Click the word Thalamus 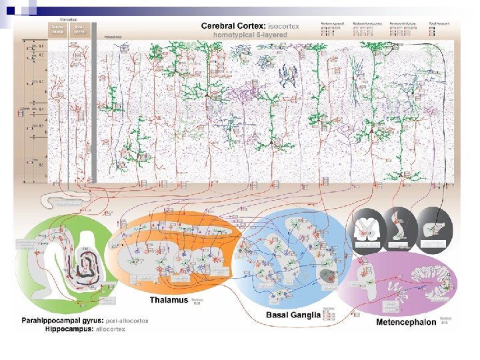(x=169, y=300)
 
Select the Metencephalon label (x=406, y=322)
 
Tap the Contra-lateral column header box (x=59, y=29)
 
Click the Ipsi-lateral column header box (x=79, y=29)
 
